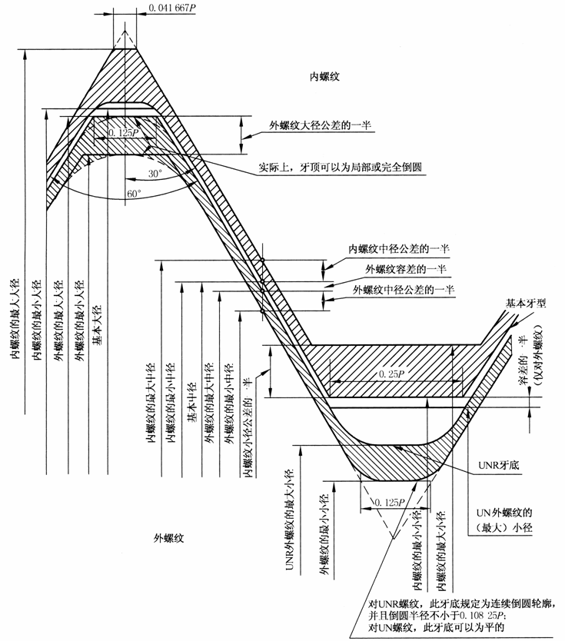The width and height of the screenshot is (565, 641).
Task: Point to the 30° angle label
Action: click(x=155, y=174)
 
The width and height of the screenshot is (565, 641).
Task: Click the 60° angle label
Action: click(x=134, y=194)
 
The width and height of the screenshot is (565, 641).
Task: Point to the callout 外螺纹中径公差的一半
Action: click(x=404, y=290)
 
